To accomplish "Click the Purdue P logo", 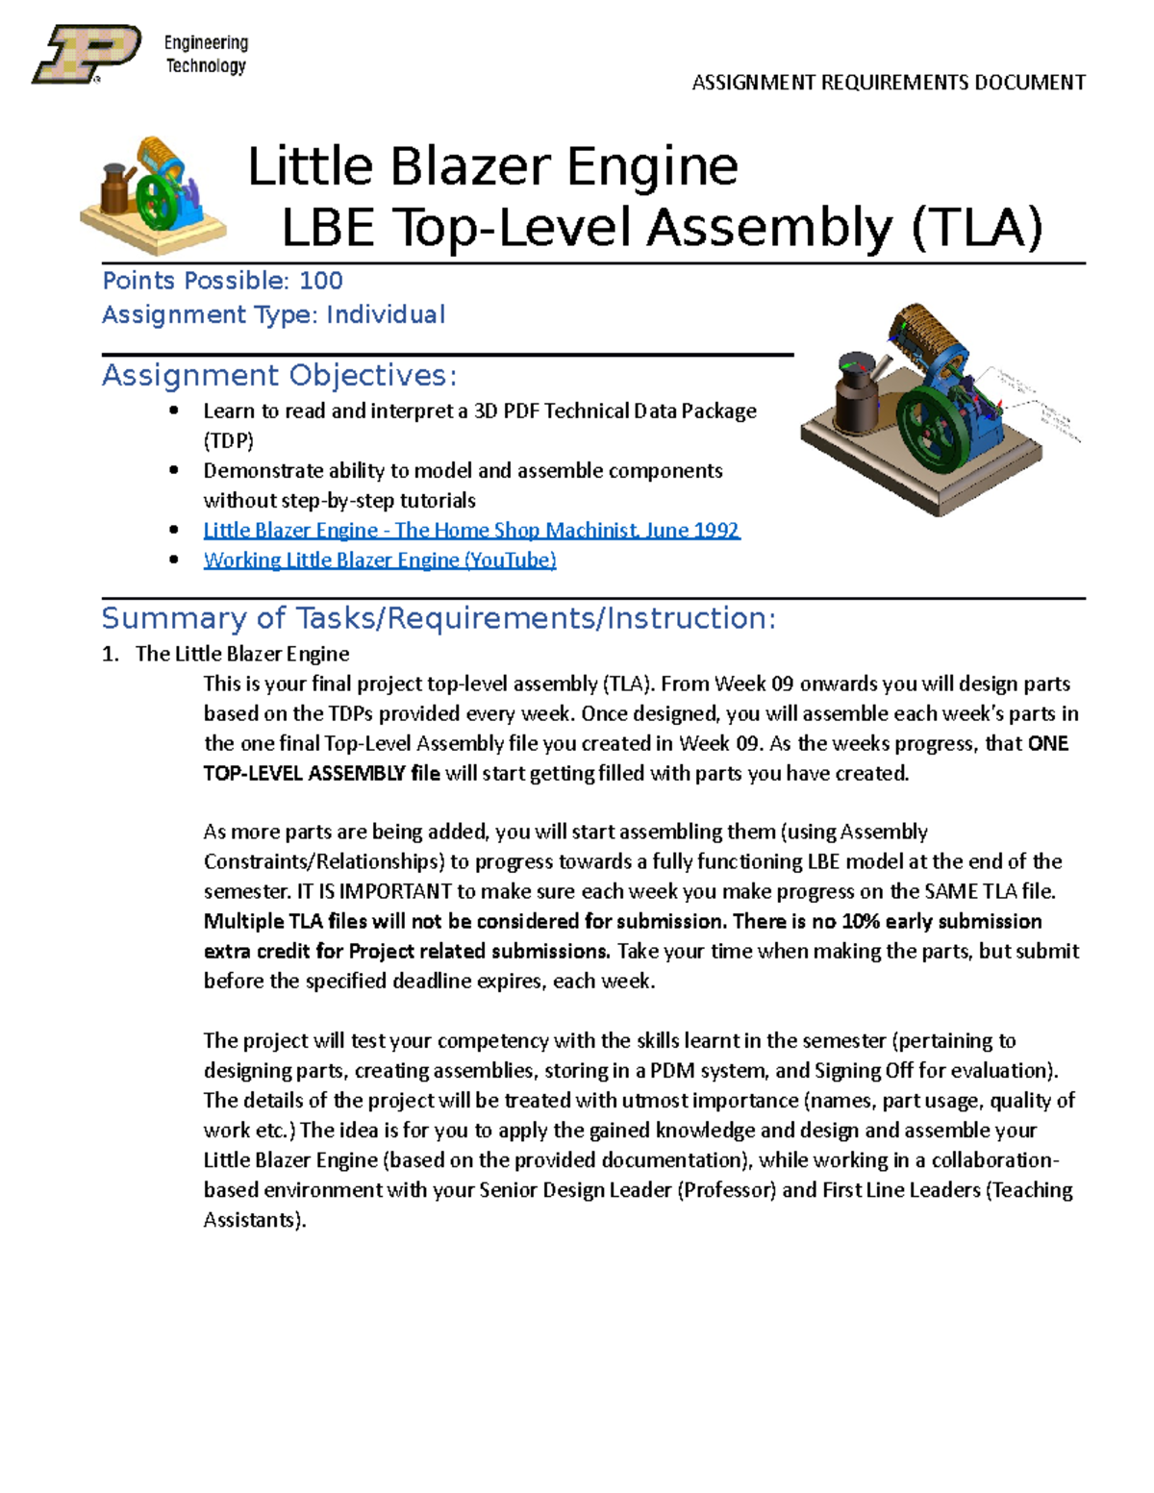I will click(x=87, y=54).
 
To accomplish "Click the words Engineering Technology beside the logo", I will click(x=206, y=54).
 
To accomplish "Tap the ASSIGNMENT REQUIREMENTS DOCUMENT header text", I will click(x=889, y=83).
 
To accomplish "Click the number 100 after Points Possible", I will click(x=320, y=281).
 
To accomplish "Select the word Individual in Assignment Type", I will click(x=385, y=315).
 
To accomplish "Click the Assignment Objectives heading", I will click(x=279, y=375).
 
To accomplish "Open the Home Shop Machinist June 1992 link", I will click(x=471, y=531).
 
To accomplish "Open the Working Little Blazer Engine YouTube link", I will click(x=380, y=560).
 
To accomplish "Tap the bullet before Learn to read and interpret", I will click(x=173, y=411).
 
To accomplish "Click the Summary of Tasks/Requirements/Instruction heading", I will click(x=438, y=618).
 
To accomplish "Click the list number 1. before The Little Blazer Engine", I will click(x=111, y=655).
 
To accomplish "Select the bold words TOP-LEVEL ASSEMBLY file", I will click(x=321, y=774).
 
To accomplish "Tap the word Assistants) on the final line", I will click(x=254, y=1220).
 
